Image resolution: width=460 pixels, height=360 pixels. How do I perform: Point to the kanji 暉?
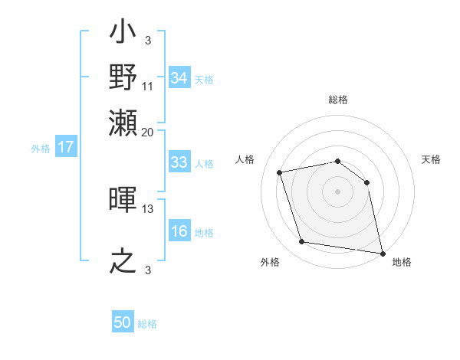(x=123, y=201)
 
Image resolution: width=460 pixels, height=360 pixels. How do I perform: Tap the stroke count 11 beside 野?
(x=148, y=86)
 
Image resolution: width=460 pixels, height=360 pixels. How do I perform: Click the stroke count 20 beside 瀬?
(x=148, y=132)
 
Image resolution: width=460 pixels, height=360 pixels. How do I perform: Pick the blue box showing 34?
(x=179, y=78)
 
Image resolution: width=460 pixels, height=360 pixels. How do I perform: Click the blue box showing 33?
(x=179, y=162)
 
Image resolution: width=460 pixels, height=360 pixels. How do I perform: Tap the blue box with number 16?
(x=179, y=231)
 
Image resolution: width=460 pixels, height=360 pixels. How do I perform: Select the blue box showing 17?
(x=66, y=147)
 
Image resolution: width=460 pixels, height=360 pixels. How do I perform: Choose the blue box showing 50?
(x=123, y=322)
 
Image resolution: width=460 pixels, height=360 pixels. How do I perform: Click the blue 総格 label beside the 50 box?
(x=147, y=324)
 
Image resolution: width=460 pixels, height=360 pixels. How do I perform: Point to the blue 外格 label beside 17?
(x=41, y=149)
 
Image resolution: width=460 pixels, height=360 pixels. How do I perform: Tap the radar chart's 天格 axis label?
(x=431, y=159)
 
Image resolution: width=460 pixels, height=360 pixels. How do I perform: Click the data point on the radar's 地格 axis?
(x=382, y=253)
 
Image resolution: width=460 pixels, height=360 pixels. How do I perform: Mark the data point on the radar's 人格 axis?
(x=281, y=172)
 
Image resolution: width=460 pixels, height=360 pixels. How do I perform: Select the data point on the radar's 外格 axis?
(x=302, y=242)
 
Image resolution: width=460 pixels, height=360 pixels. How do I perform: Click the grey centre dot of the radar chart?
(x=337, y=191)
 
